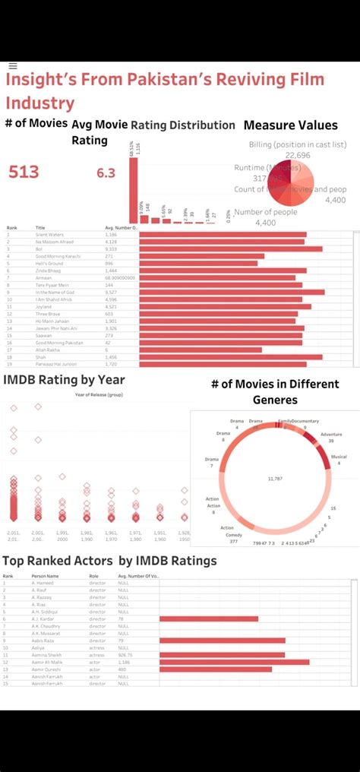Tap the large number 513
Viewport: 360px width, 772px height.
coord(24,172)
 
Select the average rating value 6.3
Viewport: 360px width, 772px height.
coord(106,173)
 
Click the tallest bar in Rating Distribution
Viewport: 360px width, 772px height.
coord(134,190)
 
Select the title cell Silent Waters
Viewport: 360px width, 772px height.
coord(50,235)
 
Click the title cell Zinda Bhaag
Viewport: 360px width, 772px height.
coord(48,271)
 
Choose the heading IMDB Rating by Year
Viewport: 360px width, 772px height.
coord(64,380)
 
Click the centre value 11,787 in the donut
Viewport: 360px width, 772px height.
coord(274,479)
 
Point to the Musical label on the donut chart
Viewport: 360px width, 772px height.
coord(339,457)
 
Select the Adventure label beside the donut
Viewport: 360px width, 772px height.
coord(331,434)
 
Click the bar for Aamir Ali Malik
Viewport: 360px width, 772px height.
coord(234,662)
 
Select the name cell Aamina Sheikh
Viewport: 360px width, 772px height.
coord(46,654)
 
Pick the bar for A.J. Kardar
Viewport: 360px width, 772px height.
coord(209,619)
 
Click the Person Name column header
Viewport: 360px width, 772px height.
coord(45,576)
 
